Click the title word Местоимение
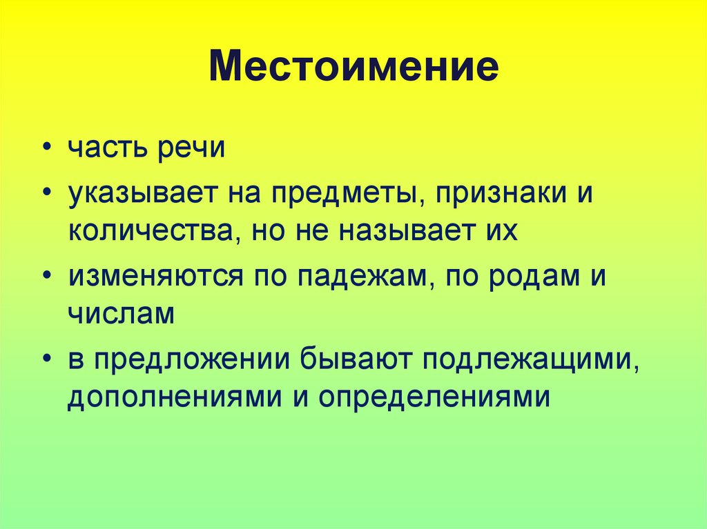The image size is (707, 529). click(x=353, y=69)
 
